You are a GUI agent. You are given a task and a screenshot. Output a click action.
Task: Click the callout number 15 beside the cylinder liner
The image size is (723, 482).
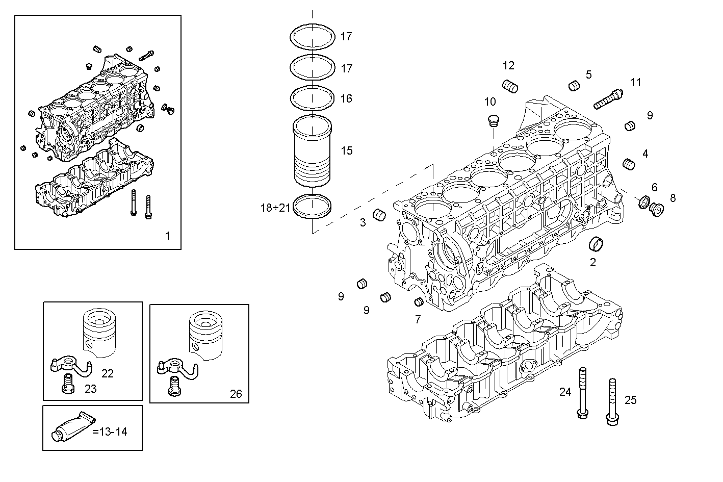pyautogui.click(x=347, y=150)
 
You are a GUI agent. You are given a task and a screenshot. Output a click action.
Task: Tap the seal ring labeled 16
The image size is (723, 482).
pyautogui.click(x=312, y=98)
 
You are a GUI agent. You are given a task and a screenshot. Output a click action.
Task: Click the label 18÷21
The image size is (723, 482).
pyautogui.click(x=275, y=208)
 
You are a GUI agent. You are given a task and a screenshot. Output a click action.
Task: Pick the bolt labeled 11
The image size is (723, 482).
pyautogui.click(x=608, y=99)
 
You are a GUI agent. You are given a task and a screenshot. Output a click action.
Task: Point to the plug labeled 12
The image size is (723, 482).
pyautogui.click(x=510, y=86)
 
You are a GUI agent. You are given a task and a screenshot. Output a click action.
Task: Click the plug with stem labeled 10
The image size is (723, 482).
pyautogui.click(x=492, y=120)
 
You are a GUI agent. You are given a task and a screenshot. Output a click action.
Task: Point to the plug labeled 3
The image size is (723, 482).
pyautogui.click(x=379, y=215)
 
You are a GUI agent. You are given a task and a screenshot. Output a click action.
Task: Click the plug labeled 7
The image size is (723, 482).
pyautogui.click(x=419, y=301)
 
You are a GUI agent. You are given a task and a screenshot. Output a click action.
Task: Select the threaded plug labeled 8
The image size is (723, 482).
pyautogui.click(x=657, y=209)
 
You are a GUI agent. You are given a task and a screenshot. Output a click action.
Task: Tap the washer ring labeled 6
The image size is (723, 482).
pyautogui.click(x=643, y=202)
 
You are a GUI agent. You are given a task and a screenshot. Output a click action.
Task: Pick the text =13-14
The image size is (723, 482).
pyautogui.click(x=110, y=432)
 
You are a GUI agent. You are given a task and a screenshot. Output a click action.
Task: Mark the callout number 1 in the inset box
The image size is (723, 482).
pyautogui.click(x=167, y=236)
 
